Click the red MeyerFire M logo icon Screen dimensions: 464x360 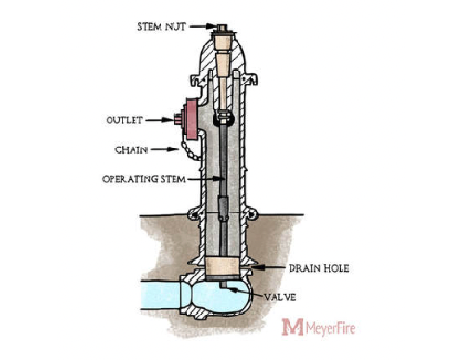point(292,328)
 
